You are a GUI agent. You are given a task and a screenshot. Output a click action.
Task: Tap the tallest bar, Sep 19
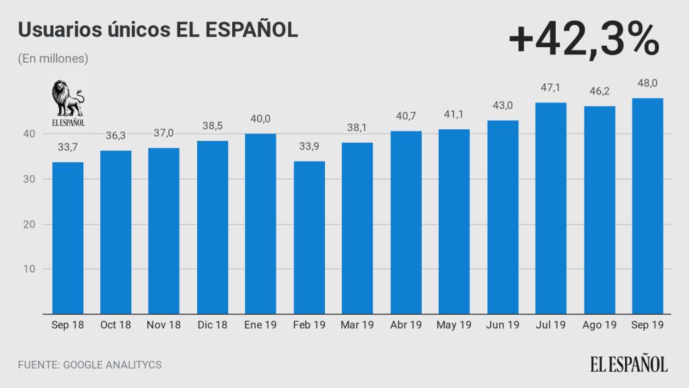pyautogui.click(x=648, y=205)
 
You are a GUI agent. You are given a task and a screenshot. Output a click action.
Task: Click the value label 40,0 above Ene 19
pyautogui.click(x=260, y=119)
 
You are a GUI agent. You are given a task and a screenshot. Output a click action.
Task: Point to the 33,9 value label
pyautogui.click(x=310, y=146)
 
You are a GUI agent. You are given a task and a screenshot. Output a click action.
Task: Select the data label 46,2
pyautogui.click(x=599, y=91)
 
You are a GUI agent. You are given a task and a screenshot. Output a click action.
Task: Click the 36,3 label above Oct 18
pyautogui.click(x=116, y=135)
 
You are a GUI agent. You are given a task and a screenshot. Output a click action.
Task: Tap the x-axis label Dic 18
pyautogui.click(x=213, y=325)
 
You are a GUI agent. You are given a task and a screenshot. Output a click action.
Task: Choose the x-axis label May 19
pyautogui.click(x=454, y=325)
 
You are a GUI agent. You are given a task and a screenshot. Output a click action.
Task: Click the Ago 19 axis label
pyautogui.click(x=599, y=325)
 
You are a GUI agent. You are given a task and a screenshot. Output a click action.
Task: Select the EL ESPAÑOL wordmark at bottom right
pyautogui.click(x=629, y=364)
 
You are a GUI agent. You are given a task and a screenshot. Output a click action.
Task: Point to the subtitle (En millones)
pyautogui.click(x=53, y=59)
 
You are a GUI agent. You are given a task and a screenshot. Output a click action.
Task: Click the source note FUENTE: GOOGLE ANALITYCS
pyautogui.click(x=89, y=364)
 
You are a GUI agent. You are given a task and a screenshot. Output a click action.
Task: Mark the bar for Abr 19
pyautogui.click(x=406, y=222)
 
